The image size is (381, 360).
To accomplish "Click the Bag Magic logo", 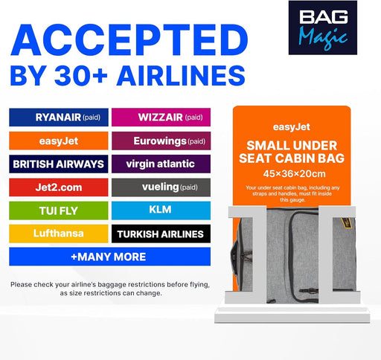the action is (323, 28).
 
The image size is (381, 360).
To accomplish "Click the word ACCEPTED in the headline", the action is (129, 40).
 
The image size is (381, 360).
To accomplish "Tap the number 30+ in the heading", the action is (81, 75).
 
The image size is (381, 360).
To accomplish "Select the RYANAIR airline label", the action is (59, 118).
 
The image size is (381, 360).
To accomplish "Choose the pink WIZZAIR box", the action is (161, 118).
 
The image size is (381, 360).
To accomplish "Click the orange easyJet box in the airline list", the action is (59, 141).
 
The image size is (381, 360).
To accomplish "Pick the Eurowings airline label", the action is (161, 141).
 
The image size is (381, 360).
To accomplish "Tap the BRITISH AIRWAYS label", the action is (59, 164).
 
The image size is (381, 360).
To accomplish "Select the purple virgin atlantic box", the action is (161, 164).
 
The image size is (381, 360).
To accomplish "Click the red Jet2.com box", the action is (59, 187).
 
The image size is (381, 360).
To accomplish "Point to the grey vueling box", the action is (161, 187).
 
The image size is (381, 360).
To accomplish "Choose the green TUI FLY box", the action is (59, 210).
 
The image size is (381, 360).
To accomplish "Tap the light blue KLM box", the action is (161, 210).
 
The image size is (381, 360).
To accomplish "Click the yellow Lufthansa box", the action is (59, 234).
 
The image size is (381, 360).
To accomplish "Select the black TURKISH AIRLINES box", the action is (161, 234).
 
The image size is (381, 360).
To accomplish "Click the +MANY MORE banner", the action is (110, 257).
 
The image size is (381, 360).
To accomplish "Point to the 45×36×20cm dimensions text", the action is (294, 174).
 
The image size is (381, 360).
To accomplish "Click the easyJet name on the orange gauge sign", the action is (292, 127).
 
